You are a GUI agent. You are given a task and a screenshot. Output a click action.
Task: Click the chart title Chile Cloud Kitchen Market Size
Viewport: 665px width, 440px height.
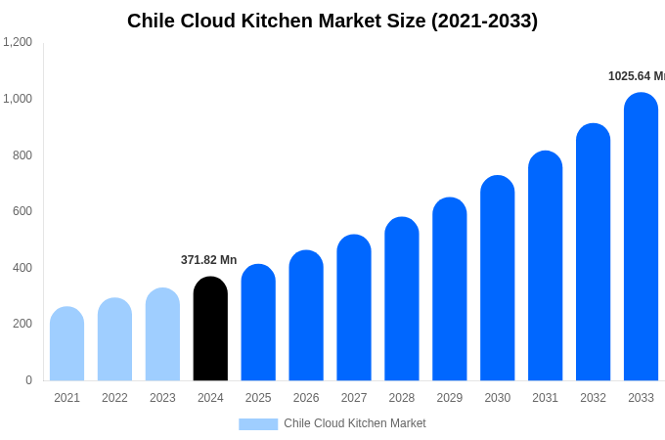332,21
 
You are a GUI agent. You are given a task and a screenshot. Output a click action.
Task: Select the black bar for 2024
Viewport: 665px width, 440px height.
210,330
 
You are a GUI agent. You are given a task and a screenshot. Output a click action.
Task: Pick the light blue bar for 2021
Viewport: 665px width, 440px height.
66,344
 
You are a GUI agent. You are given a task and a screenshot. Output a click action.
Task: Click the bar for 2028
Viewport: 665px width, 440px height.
401,299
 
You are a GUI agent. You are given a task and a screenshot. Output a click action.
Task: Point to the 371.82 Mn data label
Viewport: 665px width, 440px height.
208,260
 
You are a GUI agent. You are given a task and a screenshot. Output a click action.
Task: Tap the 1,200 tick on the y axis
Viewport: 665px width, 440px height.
18,42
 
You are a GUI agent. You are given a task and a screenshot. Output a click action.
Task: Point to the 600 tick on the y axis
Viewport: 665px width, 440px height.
22,211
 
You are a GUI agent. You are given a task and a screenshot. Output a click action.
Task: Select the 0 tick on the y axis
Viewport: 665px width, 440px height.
28,380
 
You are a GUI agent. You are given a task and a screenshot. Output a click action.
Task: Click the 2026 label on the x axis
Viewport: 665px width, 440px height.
306,398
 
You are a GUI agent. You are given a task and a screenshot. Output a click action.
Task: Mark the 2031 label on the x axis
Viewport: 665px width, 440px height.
545,398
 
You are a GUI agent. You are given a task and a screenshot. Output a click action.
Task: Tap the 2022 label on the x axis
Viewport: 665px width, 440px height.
114,398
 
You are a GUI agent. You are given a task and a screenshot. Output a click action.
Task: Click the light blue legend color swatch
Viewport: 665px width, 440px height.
258,424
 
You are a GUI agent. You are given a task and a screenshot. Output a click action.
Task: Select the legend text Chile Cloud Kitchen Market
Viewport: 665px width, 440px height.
355,423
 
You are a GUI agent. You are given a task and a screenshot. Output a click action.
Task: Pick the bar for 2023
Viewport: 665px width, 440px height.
162,334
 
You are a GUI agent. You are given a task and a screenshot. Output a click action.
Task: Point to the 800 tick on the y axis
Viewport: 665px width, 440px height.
22,154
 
